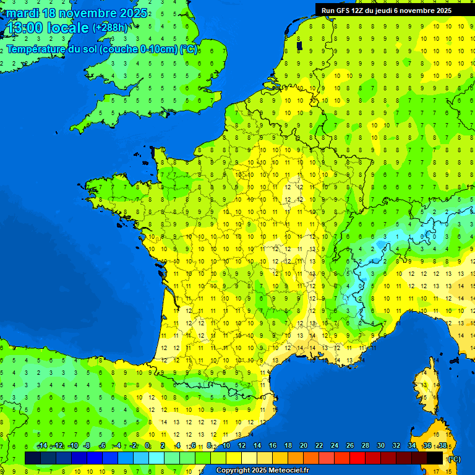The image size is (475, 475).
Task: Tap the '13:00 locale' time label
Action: point(47,28)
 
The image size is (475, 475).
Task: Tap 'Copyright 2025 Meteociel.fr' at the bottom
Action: point(262,470)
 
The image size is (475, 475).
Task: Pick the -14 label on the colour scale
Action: point(43,446)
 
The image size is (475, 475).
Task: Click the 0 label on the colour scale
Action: point(148,446)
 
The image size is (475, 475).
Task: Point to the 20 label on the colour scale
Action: point(304,446)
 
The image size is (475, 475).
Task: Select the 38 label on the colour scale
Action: point(442,446)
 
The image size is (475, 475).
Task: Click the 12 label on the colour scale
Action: point(242,446)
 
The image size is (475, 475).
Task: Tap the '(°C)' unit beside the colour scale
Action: point(454,459)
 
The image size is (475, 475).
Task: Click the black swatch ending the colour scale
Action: point(435,458)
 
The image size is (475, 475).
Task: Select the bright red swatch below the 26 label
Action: point(357,458)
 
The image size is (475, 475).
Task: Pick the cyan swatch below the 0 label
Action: point(156,458)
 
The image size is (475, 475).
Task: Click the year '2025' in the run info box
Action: point(440,11)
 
